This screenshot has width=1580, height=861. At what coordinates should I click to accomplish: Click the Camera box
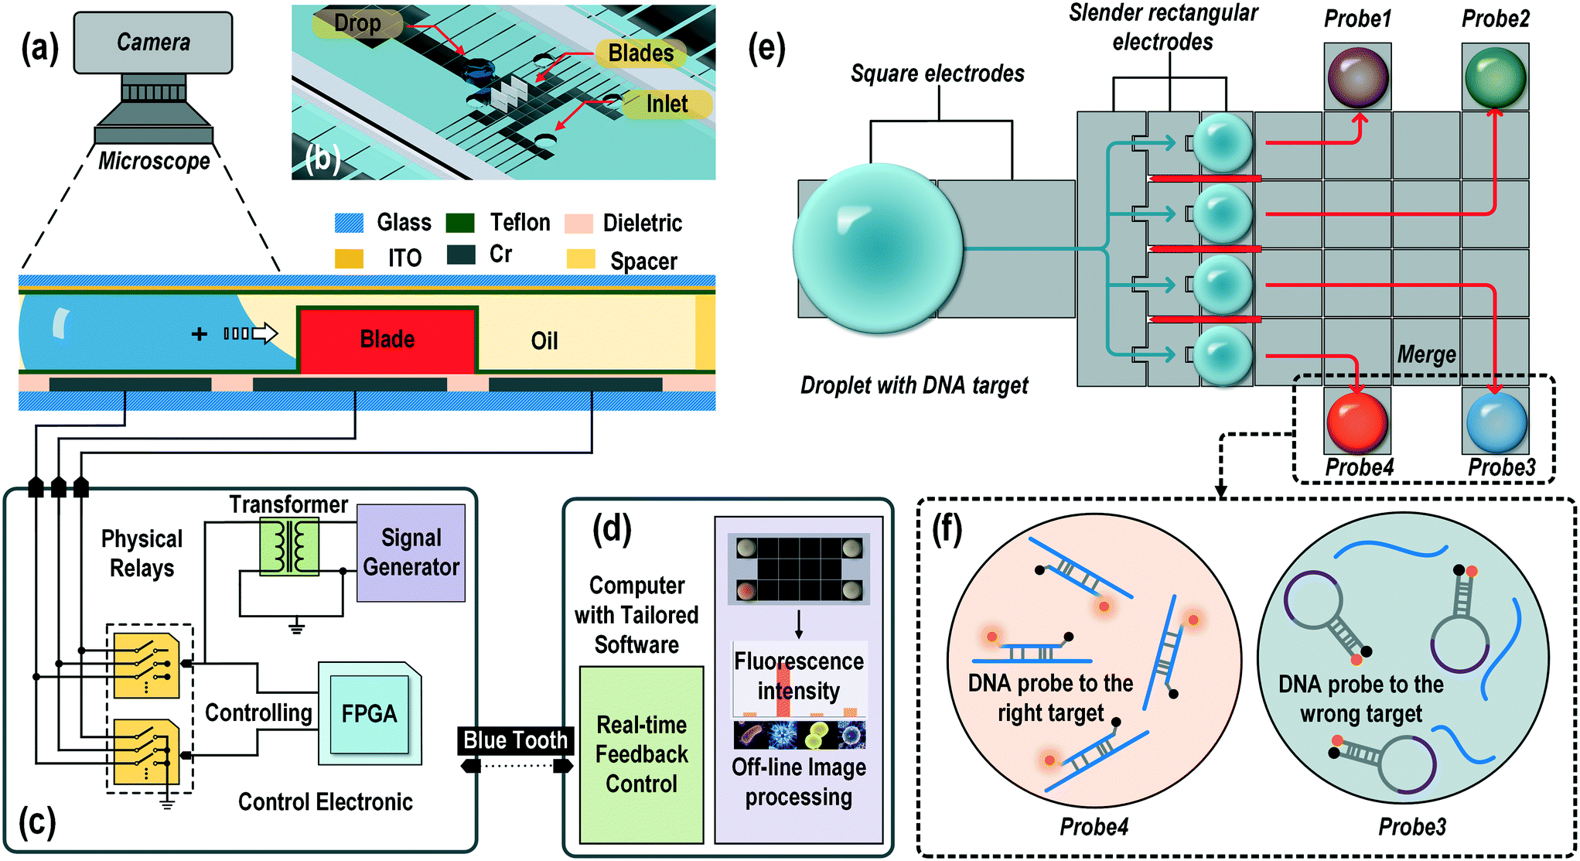(152, 43)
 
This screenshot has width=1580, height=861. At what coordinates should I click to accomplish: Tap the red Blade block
(387, 340)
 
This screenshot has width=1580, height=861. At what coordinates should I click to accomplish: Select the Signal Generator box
(411, 552)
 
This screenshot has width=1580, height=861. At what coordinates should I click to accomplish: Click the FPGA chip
(369, 713)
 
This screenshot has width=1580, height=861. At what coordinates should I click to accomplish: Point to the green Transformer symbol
(288, 546)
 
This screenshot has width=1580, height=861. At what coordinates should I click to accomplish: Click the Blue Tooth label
(515, 740)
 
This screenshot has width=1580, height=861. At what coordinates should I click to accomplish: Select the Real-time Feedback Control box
(641, 754)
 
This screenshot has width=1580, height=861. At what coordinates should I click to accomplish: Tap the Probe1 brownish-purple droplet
(1357, 77)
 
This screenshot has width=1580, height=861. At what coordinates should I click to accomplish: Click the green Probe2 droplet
(1494, 77)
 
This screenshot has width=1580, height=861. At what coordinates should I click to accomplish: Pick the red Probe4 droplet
(1357, 422)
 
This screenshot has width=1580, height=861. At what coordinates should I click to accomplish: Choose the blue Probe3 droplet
(1496, 422)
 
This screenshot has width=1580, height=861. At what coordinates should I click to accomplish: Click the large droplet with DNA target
(878, 248)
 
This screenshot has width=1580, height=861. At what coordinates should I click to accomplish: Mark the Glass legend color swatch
(349, 223)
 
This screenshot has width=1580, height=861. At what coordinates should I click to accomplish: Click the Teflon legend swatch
(460, 223)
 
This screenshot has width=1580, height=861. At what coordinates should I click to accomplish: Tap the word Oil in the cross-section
(544, 341)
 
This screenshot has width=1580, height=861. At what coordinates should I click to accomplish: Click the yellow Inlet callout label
(667, 104)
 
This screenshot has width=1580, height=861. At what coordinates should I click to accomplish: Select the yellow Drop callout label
(357, 23)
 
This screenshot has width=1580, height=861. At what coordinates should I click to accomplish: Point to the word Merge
(1426, 355)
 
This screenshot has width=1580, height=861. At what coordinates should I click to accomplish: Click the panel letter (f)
(947, 530)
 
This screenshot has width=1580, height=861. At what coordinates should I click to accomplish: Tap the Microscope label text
(154, 161)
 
